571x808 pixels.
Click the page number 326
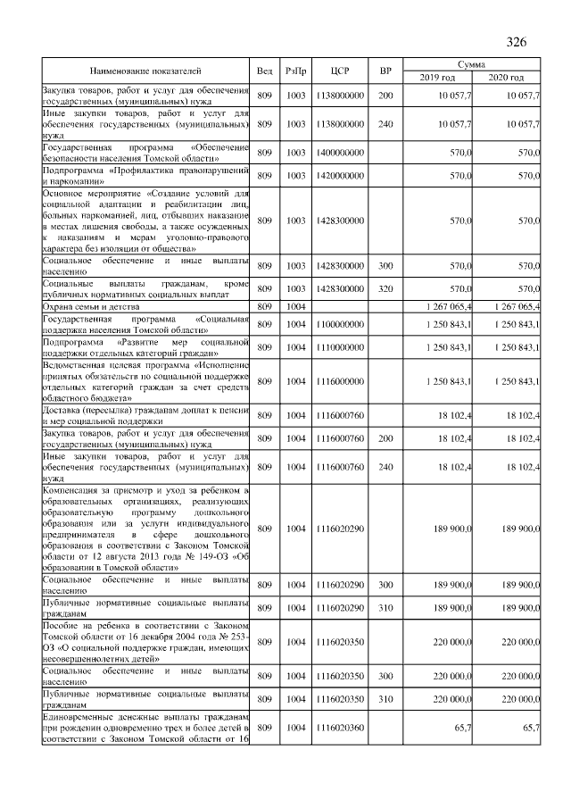tap(517, 43)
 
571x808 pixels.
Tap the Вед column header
tap(265, 71)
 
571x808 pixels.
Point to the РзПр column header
tap(296, 71)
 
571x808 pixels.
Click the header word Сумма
tap(472, 65)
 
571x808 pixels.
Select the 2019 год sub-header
tap(437, 78)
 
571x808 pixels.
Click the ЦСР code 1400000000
tap(339, 154)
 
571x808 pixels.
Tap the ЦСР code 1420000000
tap(339, 177)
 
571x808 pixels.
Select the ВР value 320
tap(385, 289)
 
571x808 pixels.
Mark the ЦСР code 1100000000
tap(339, 324)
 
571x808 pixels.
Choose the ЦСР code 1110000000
tap(339, 347)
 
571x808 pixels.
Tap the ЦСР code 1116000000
tap(339, 382)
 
